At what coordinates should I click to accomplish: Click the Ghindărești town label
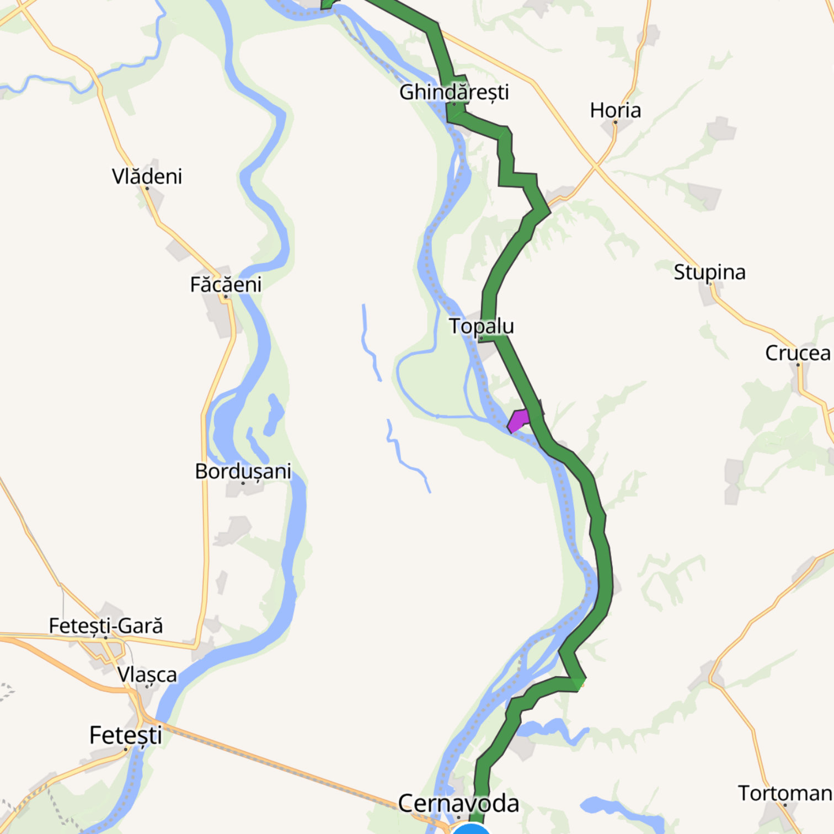pos(453,92)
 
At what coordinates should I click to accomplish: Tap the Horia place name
pos(615,110)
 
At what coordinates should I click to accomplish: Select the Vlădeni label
pos(147,177)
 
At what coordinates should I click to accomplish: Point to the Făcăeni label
pos(226,285)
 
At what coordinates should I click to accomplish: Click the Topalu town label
pos(481,326)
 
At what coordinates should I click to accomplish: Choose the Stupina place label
pos(709,272)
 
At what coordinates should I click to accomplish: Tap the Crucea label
pos(798,353)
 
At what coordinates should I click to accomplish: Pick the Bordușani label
pos(243,472)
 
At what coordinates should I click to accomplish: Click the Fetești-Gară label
pos(106,626)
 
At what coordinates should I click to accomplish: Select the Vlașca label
pos(147,675)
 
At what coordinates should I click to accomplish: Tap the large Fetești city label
pos(126,735)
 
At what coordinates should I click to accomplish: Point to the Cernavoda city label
pos(458,804)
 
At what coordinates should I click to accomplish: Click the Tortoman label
pos(785,793)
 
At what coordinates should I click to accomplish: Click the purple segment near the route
pos(518,420)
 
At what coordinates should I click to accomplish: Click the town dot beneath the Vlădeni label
pos(147,189)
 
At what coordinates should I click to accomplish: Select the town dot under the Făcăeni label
pos(226,297)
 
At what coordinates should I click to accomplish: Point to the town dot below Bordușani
pos(243,483)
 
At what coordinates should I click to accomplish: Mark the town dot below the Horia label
pos(615,122)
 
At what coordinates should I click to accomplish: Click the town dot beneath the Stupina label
pos(710,284)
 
